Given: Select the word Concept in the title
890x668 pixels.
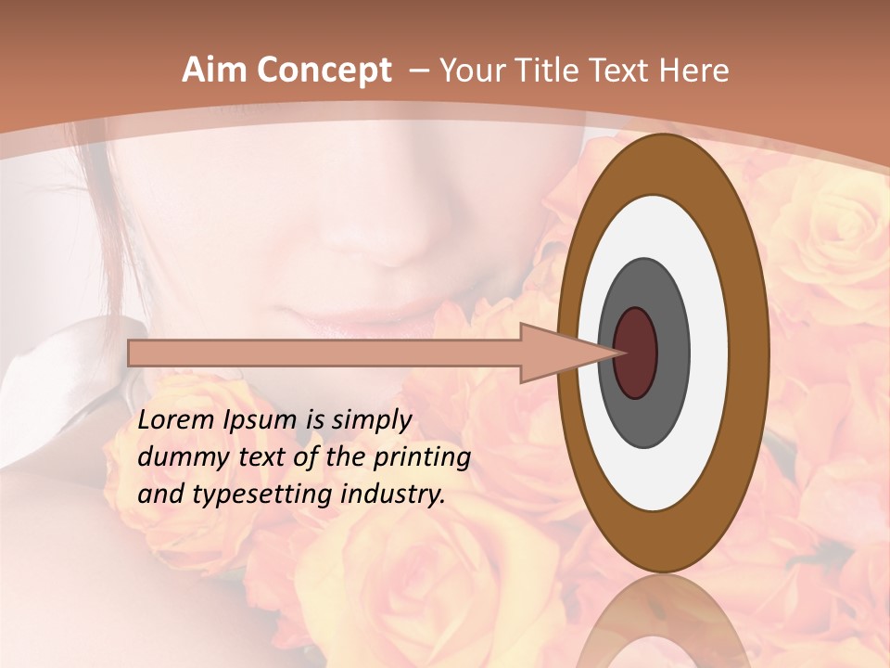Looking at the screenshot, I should tap(322, 71).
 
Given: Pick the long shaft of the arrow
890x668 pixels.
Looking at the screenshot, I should tap(324, 353).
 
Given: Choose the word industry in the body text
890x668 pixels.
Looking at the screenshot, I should tap(394, 495).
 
